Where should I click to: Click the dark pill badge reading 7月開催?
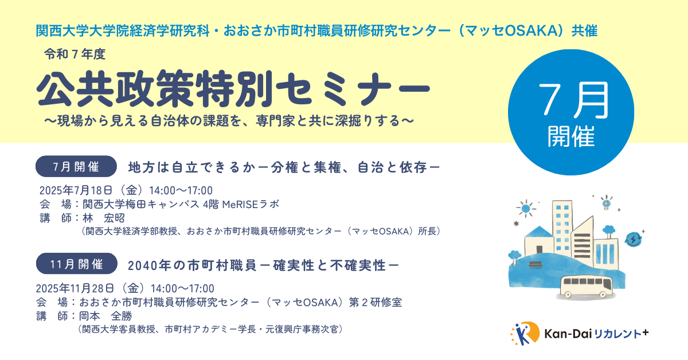pos(76,166)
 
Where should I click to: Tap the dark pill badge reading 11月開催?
pos(77,264)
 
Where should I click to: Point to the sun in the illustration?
pos(526,209)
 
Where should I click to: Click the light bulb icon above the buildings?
pos(607,203)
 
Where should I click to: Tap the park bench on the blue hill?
pos(535,264)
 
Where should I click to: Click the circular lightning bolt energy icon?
pos(634,239)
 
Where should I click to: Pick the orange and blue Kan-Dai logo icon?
pos(525,334)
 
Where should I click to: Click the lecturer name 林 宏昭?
pos(104,218)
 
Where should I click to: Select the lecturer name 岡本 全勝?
pos(105,316)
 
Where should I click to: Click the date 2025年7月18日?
pos(76,190)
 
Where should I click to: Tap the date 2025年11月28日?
pos(75,288)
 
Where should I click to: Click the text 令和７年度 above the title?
pos(75,54)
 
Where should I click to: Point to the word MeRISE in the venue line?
pos(240,204)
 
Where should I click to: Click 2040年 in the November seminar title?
pos(149,265)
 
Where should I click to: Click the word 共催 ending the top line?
pos(584,31)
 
